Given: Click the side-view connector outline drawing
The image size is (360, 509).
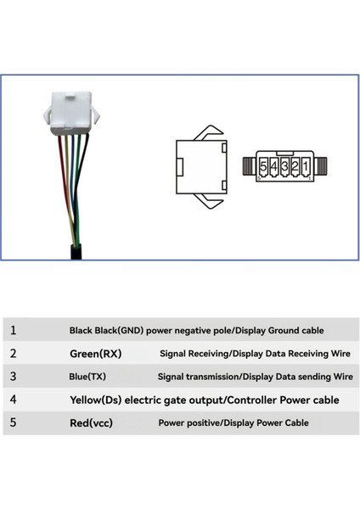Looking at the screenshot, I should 200,165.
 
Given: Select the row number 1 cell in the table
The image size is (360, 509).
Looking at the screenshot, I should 13,330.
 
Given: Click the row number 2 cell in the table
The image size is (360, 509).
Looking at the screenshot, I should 13,353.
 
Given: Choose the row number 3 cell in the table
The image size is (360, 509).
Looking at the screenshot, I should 13,376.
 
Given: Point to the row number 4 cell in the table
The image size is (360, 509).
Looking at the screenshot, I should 13,399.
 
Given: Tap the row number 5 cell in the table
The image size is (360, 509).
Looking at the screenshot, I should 13,422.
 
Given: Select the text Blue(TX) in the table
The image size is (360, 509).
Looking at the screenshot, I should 88,376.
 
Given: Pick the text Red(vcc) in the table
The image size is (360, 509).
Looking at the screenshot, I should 90,422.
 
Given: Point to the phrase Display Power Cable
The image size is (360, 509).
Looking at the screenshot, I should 266,422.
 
